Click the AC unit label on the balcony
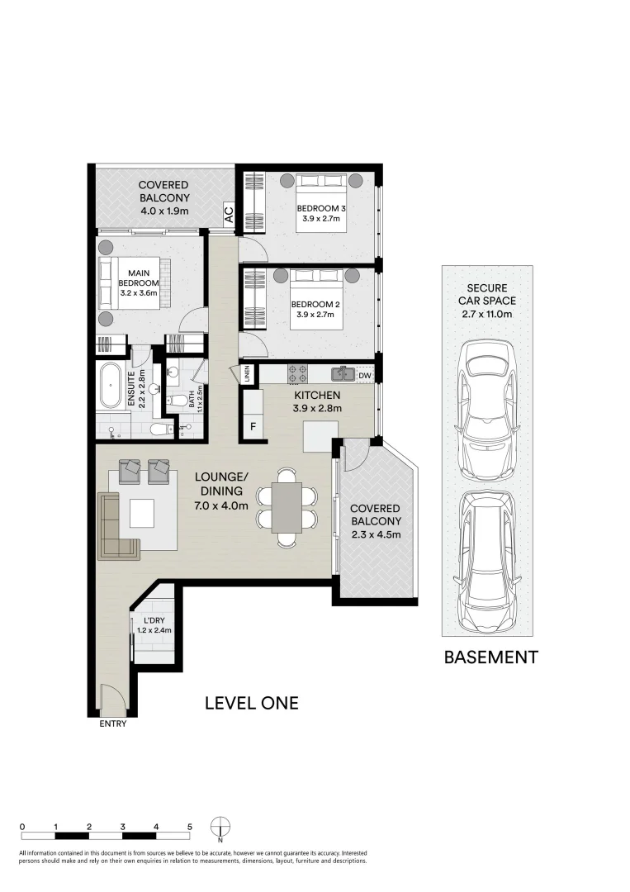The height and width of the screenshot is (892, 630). pyautogui.click(x=229, y=212)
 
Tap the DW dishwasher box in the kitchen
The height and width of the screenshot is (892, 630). pyautogui.click(x=365, y=376)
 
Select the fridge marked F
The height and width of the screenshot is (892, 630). pyautogui.click(x=253, y=427)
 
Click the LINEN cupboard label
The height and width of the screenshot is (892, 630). pyautogui.click(x=247, y=374)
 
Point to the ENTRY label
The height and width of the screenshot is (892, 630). pyautogui.click(x=112, y=724)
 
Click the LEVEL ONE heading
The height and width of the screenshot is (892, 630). pyautogui.click(x=251, y=704)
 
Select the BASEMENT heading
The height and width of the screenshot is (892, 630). pyautogui.click(x=490, y=657)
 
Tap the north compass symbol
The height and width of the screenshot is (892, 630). pyautogui.click(x=220, y=828)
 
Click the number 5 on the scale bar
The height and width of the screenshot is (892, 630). pyautogui.click(x=190, y=826)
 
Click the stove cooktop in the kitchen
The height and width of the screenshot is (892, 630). pyautogui.click(x=297, y=374)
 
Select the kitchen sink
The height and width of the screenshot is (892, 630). pyautogui.click(x=344, y=375)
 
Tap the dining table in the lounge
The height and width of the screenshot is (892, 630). pyautogui.click(x=287, y=507)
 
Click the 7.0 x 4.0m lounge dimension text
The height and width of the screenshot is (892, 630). pyautogui.click(x=221, y=505)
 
